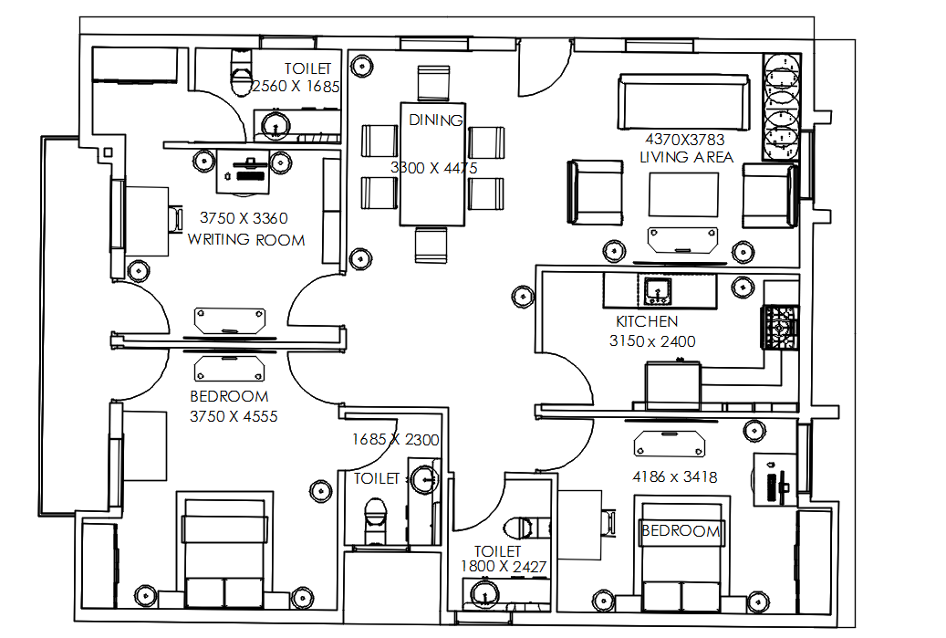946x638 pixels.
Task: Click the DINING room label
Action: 436,120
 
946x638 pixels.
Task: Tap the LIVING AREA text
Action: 686,157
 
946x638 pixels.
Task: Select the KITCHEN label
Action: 647,322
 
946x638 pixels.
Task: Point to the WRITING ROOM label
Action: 246,240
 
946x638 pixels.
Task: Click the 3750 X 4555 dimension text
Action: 233,416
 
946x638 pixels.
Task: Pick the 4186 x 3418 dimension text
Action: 675,476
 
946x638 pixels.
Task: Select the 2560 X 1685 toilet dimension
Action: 296,88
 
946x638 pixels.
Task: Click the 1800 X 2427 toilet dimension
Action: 503,567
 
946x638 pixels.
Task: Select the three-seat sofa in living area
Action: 683,94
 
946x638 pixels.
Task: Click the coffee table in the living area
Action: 683,194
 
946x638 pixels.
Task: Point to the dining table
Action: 433,164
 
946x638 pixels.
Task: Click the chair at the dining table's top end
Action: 433,82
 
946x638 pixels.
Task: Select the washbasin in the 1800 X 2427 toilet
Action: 483,595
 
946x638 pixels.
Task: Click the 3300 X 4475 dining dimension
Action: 433,168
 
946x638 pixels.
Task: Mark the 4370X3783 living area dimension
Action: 686,140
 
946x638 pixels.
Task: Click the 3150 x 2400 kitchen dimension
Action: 652,341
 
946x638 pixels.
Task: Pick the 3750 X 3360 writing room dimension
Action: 244,218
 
